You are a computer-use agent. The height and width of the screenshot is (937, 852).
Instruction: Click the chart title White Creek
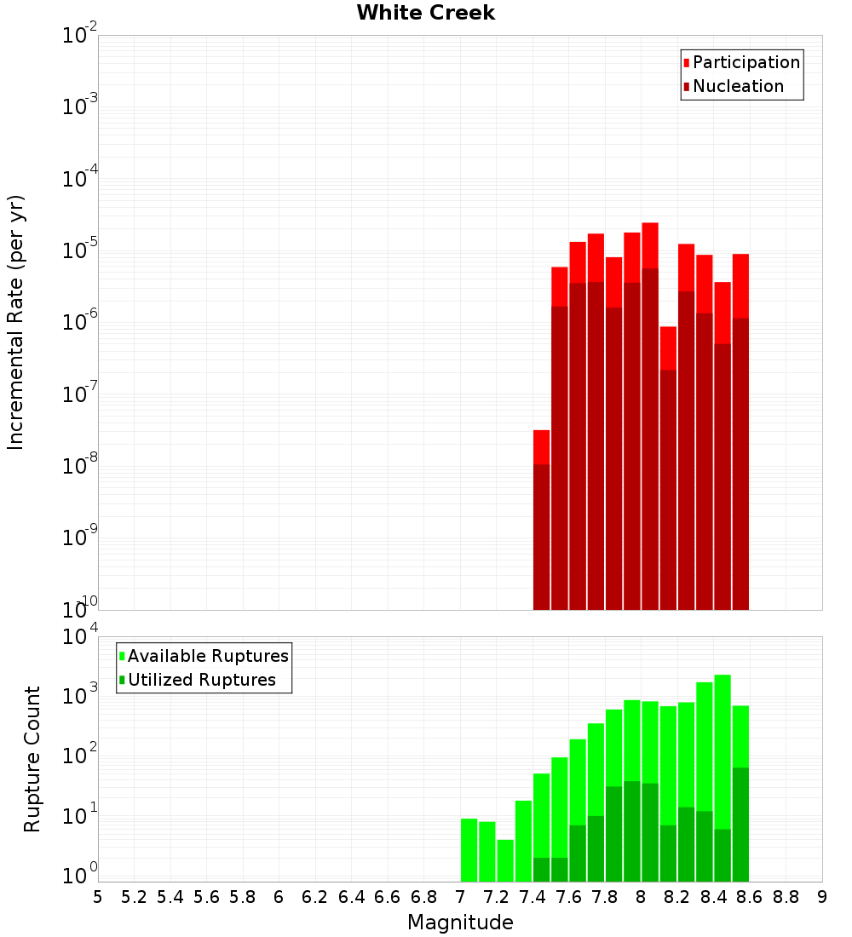tap(425, 13)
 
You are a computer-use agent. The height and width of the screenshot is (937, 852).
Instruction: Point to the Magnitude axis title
tap(460, 923)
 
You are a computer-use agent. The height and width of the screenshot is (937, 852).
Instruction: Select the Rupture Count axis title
tap(32, 758)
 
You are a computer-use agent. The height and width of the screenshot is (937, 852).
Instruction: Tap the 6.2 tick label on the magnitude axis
tap(315, 897)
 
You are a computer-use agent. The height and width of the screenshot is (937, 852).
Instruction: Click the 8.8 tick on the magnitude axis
tap(786, 897)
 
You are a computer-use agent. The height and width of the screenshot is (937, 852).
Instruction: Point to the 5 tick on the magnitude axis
tap(98, 897)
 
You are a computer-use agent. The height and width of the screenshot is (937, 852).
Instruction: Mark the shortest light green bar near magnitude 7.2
tap(505, 859)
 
